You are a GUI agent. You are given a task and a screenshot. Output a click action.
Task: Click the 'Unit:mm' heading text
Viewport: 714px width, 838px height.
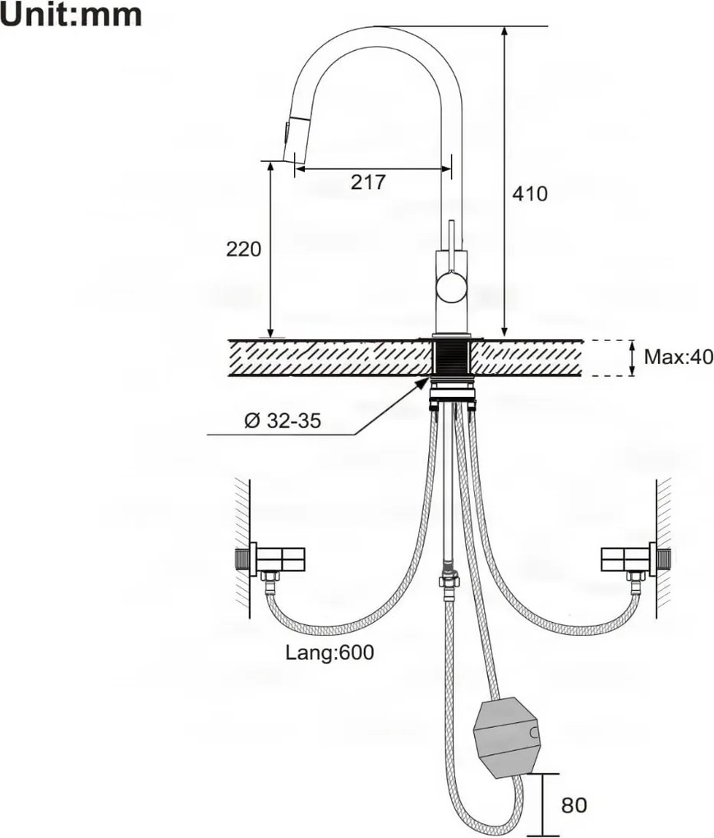point(71,15)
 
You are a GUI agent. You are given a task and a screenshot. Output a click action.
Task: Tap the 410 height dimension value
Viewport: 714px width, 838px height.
point(530,193)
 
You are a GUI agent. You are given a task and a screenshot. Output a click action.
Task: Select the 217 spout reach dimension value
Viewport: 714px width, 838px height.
point(368,182)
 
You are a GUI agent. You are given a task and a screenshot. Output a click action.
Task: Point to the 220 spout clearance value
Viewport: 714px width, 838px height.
point(244,249)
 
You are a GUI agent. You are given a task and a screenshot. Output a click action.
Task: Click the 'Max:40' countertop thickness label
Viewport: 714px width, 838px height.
point(678,357)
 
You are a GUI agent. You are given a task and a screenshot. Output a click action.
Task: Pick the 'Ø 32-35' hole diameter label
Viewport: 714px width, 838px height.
point(283,421)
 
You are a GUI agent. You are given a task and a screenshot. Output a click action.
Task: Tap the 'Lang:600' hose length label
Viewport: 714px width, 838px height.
point(329,652)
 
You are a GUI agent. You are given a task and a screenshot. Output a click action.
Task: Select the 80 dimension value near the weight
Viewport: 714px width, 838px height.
point(574,805)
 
